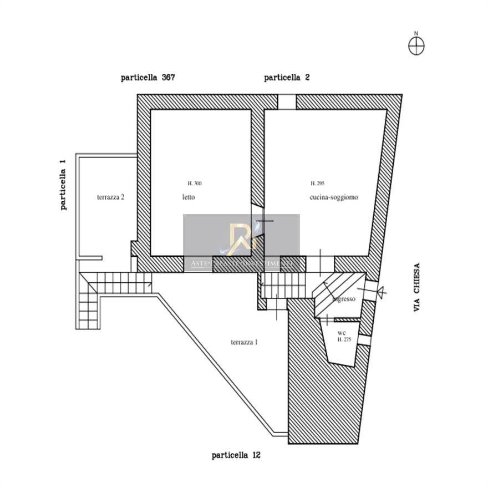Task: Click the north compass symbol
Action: [x=416, y=45]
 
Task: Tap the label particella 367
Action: [x=148, y=78]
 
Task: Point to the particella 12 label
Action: [x=236, y=455]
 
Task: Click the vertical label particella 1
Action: [x=63, y=185]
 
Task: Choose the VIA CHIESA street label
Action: [x=417, y=287]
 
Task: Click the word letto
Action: [x=189, y=197]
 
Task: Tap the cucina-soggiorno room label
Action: [x=334, y=197]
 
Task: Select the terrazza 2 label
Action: [x=110, y=197]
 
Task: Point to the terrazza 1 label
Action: [x=244, y=342]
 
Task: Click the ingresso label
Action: [x=344, y=299]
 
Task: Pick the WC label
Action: [x=342, y=333]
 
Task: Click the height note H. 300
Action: [x=195, y=184]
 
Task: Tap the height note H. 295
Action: [x=317, y=184]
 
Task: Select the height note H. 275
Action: [x=344, y=339]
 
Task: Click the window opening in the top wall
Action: [x=287, y=102]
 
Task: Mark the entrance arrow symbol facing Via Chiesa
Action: [x=379, y=290]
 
